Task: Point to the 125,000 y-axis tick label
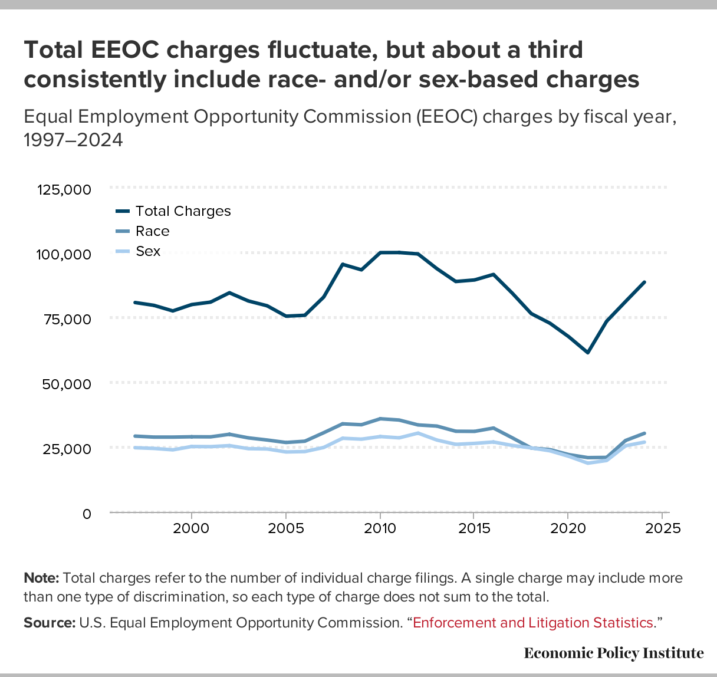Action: pyautogui.click(x=64, y=190)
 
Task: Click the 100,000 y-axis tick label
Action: pyautogui.click(x=64, y=255)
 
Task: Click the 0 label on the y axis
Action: pyautogui.click(x=87, y=514)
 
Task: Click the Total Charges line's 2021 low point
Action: pyautogui.click(x=587, y=353)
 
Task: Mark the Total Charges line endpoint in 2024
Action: pyautogui.click(x=644, y=282)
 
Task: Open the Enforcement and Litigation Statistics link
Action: pyautogui.click(x=533, y=623)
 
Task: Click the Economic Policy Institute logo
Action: pyautogui.click(x=613, y=653)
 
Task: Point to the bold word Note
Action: pyautogui.click(x=41, y=578)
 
